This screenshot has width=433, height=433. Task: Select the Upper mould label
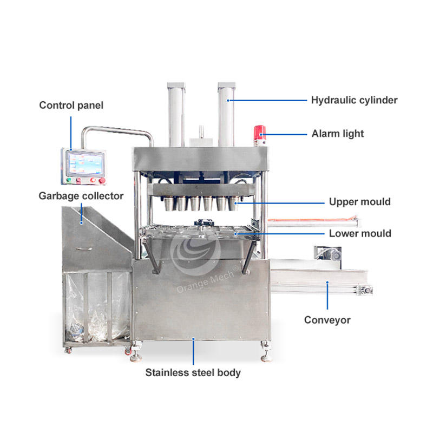(359, 202)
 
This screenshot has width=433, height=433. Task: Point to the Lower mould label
(360, 234)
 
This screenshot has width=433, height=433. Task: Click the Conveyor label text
(327, 320)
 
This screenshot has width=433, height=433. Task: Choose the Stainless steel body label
(193, 372)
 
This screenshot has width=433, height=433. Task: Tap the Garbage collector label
(81, 196)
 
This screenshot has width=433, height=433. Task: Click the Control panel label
(71, 105)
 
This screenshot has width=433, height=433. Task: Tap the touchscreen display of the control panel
(84, 162)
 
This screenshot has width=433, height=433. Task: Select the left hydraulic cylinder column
(177, 114)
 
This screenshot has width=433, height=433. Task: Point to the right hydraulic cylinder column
(226, 114)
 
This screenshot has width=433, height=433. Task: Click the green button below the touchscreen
(69, 180)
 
